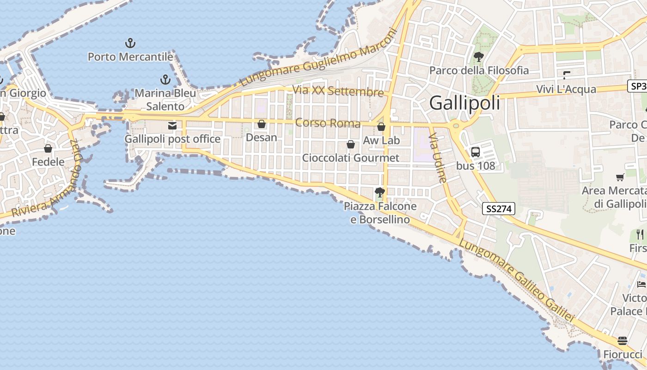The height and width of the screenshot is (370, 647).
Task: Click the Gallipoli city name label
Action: coord(464,103)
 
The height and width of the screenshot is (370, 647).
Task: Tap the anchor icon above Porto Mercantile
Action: coord(130,43)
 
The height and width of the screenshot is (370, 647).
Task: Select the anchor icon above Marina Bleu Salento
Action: coord(165,80)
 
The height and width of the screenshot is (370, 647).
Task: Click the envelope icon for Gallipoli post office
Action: coord(172,126)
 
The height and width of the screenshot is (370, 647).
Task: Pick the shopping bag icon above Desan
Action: coord(262,124)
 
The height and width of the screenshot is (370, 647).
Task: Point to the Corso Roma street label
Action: coord(328,123)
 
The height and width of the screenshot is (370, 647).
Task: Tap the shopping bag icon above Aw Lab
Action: coord(381,127)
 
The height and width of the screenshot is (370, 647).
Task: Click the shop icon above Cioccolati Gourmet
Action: coord(351,144)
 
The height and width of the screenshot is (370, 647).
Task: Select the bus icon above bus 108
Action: coord(476,152)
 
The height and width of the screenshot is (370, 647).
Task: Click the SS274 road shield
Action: coord(498,209)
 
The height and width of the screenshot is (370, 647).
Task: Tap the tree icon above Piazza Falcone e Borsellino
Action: coord(380,192)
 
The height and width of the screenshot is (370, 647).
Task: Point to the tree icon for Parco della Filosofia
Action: coord(479,57)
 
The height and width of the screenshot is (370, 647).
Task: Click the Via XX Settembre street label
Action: coord(338,91)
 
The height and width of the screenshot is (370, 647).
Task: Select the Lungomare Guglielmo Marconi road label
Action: coord(319,58)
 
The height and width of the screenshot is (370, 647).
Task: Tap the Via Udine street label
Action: coord(439,158)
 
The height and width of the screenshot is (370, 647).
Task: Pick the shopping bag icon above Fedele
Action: coord(48,148)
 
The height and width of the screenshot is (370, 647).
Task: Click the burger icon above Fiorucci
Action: coord(623,341)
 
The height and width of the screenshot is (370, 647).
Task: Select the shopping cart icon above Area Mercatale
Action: coord(620,177)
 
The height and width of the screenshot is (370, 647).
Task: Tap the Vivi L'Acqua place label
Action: coord(566,89)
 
